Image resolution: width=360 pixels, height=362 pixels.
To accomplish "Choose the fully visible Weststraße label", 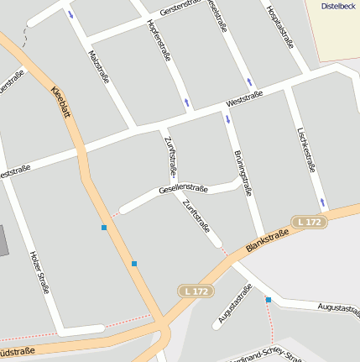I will (244, 99).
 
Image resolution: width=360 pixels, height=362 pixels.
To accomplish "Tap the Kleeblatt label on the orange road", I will (61, 102).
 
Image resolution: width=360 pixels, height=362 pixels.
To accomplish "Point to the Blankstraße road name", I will (273, 238).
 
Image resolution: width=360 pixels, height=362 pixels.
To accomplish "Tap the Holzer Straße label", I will (39, 272).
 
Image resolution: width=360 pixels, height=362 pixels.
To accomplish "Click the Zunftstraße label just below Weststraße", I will (170, 156).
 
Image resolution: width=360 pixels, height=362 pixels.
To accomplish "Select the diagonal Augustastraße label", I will (235, 304).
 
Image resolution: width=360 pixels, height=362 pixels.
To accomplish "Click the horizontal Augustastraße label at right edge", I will (339, 308).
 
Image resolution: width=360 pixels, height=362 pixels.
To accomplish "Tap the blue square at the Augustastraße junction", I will (269, 300).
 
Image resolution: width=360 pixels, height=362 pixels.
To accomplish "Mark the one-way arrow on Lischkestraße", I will (322, 202).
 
